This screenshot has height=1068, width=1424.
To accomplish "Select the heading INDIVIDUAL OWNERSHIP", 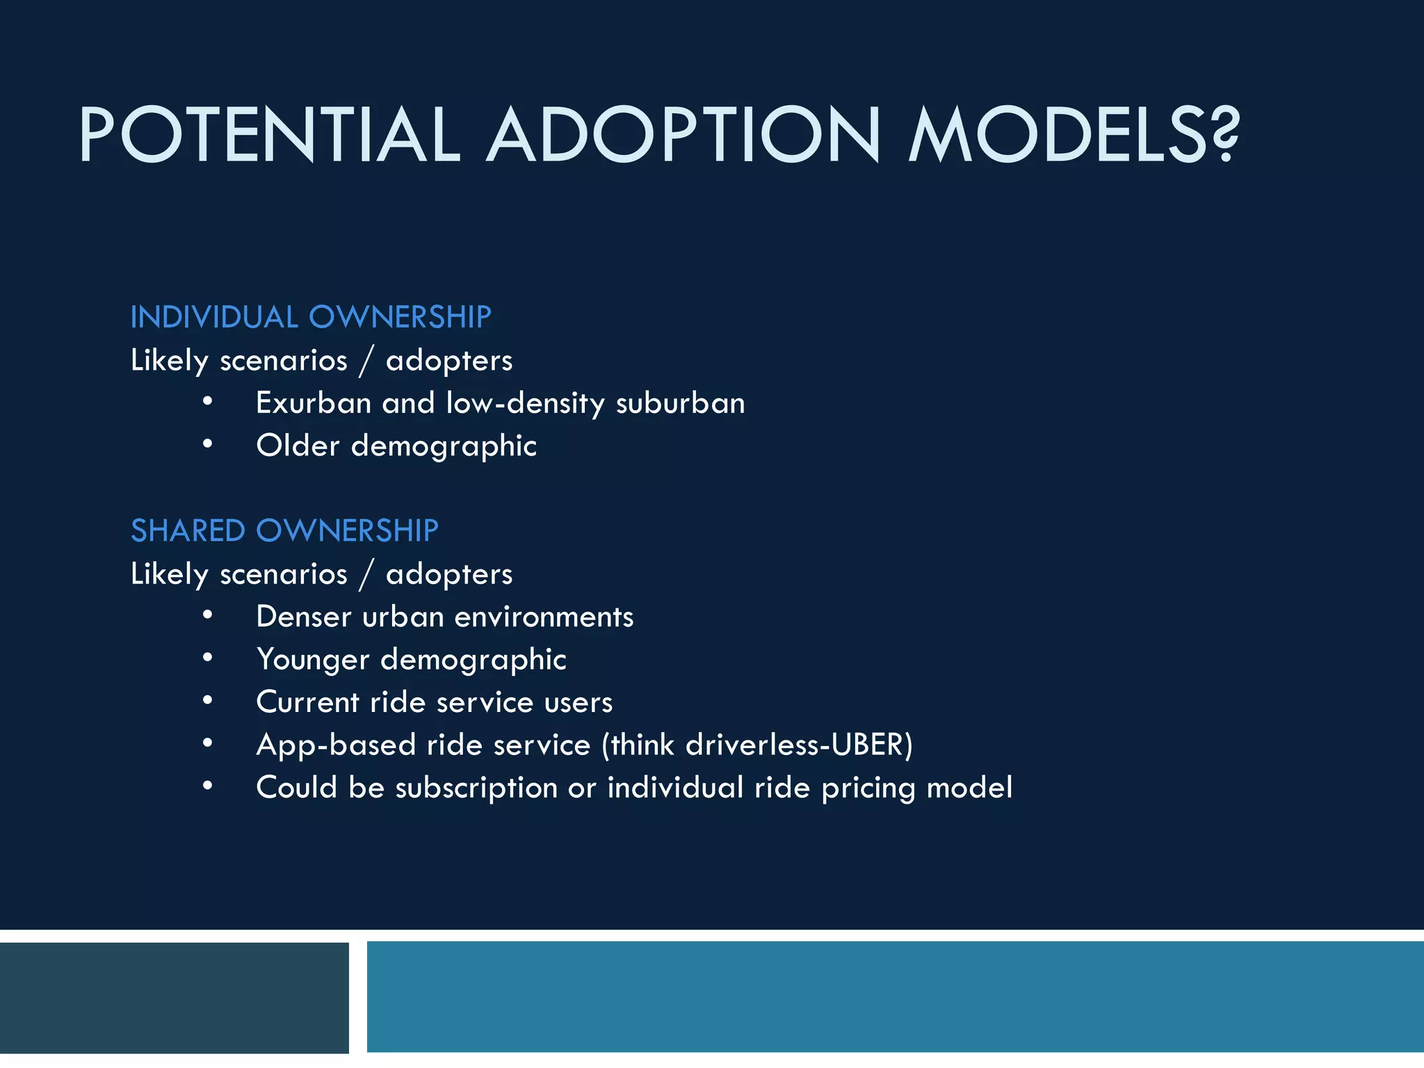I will (x=311, y=317).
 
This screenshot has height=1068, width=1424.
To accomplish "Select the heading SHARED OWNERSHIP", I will (x=284, y=531).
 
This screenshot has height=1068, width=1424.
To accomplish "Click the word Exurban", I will (x=313, y=403).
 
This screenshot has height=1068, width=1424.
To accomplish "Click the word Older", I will (x=298, y=446).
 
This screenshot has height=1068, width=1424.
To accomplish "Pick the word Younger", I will (x=312, y=660).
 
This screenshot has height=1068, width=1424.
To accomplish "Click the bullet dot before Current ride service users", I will (x=207, y=701).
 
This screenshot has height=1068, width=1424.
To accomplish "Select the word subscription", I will (x=476, y=788).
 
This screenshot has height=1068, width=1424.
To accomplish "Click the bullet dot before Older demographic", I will (x=207, y=444).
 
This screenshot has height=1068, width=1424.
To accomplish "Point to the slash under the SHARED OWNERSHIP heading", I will (x=366, y=574).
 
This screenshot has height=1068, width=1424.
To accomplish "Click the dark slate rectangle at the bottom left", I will (x=174, y=997).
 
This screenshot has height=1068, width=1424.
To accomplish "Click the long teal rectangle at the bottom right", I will (x=895, y=996).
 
